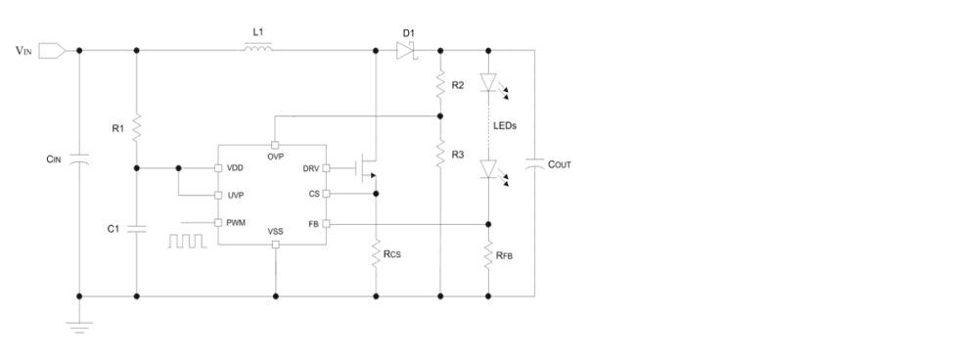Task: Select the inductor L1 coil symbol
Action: (x=258, y=49)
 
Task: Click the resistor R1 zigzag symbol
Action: (x=136, y=127)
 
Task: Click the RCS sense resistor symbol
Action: (x=376, y=254)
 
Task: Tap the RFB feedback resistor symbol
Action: (x=488, y=258)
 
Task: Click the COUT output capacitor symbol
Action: (x=535, y=165)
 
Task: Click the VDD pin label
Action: (x=235, y=168)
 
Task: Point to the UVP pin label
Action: (x=235, y=195)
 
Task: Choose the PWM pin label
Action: (x=236, y=222)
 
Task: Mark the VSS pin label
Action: (x=276, y=232)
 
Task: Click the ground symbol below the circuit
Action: (x=79, y=324)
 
